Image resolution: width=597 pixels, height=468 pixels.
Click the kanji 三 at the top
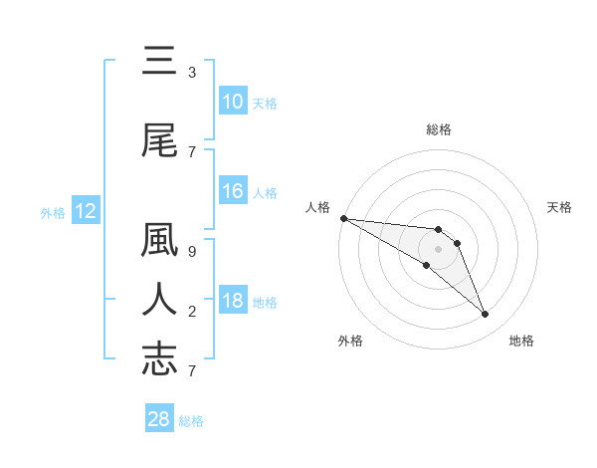coord(159,62)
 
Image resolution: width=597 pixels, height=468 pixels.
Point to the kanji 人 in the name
coord(159,301)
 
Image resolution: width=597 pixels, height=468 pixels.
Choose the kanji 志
coord(159,358)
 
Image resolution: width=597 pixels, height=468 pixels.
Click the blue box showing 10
coord(232,102)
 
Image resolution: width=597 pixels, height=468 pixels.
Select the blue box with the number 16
coord(232,191)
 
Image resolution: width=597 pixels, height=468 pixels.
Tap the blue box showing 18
coord(232,301)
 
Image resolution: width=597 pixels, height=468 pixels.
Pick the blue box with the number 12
coord(86,211)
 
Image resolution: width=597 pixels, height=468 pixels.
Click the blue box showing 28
coord(159,419)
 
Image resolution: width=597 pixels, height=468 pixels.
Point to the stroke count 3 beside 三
coord(192,73)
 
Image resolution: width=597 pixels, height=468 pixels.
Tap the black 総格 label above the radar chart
coord(438,129)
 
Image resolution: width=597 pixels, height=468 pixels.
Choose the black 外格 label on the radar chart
coord(350,341)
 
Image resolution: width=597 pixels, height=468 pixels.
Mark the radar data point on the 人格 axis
coord(343,217)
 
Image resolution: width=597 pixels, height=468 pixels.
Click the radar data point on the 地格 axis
coord(486,315)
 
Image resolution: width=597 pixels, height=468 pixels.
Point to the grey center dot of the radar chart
coord(438,249)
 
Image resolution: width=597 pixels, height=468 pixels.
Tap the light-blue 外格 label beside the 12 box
coord(52,212)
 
